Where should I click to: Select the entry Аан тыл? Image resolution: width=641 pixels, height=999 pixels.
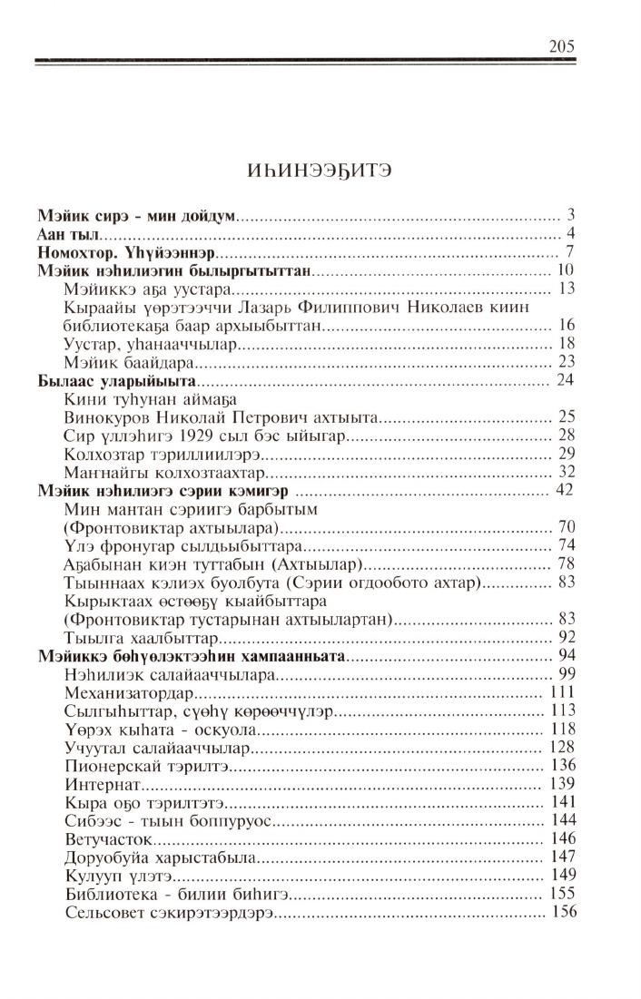coord(68,234)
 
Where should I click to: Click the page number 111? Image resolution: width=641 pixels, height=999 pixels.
coord(565,691)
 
